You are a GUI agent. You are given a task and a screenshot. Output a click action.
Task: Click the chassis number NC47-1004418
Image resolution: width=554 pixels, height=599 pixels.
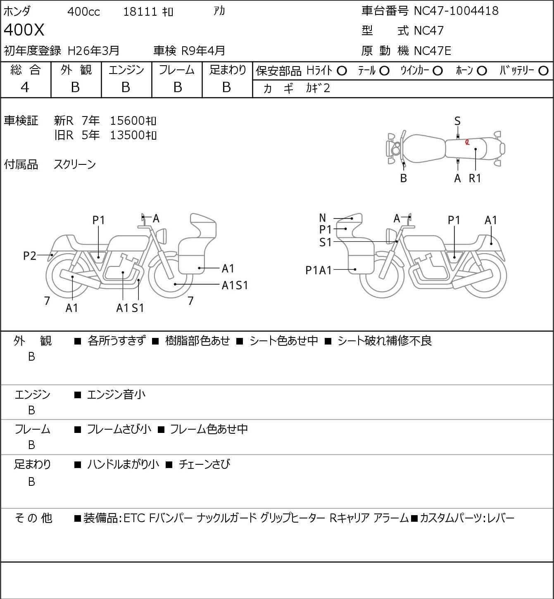[456, 11]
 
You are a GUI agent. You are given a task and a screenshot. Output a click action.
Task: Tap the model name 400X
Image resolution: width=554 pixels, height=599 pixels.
[24, 30]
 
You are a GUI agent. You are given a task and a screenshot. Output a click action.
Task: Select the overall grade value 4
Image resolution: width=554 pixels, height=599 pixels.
[25, 87]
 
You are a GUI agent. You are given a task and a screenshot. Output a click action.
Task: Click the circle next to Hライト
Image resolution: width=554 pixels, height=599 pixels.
[342, 71]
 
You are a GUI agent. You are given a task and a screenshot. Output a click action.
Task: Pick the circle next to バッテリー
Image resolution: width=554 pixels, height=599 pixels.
[544, 71]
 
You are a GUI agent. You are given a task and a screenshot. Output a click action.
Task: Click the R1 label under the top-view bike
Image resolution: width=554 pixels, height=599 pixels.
[475, 178]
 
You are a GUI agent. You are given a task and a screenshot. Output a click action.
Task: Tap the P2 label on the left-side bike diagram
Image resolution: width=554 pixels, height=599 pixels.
[30, 256]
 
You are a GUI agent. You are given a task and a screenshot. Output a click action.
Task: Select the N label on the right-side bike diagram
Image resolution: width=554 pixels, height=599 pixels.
[323, 218]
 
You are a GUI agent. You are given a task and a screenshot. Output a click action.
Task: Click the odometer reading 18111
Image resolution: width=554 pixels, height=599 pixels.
[140, 12]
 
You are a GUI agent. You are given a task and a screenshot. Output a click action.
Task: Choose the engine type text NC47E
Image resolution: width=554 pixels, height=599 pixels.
[432, 51]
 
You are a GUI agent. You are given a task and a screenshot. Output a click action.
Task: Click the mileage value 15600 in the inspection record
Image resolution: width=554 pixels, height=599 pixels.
[127, 121]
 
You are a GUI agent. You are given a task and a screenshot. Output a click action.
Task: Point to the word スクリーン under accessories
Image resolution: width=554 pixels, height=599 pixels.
[75, 164]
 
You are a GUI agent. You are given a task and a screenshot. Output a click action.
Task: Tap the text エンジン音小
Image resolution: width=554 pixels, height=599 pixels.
[117, 395]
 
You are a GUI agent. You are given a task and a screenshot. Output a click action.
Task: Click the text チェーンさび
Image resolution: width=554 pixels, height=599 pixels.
[204, 464]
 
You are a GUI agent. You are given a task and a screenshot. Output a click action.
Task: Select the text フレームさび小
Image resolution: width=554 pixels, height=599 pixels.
[119, 429]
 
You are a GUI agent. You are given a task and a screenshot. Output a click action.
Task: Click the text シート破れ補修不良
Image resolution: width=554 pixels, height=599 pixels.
[384, 341]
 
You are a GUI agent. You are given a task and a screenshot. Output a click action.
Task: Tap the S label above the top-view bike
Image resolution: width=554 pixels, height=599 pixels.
[457, 121]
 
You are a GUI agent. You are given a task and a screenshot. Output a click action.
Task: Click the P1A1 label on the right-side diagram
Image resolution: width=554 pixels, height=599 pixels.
[319, 270]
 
